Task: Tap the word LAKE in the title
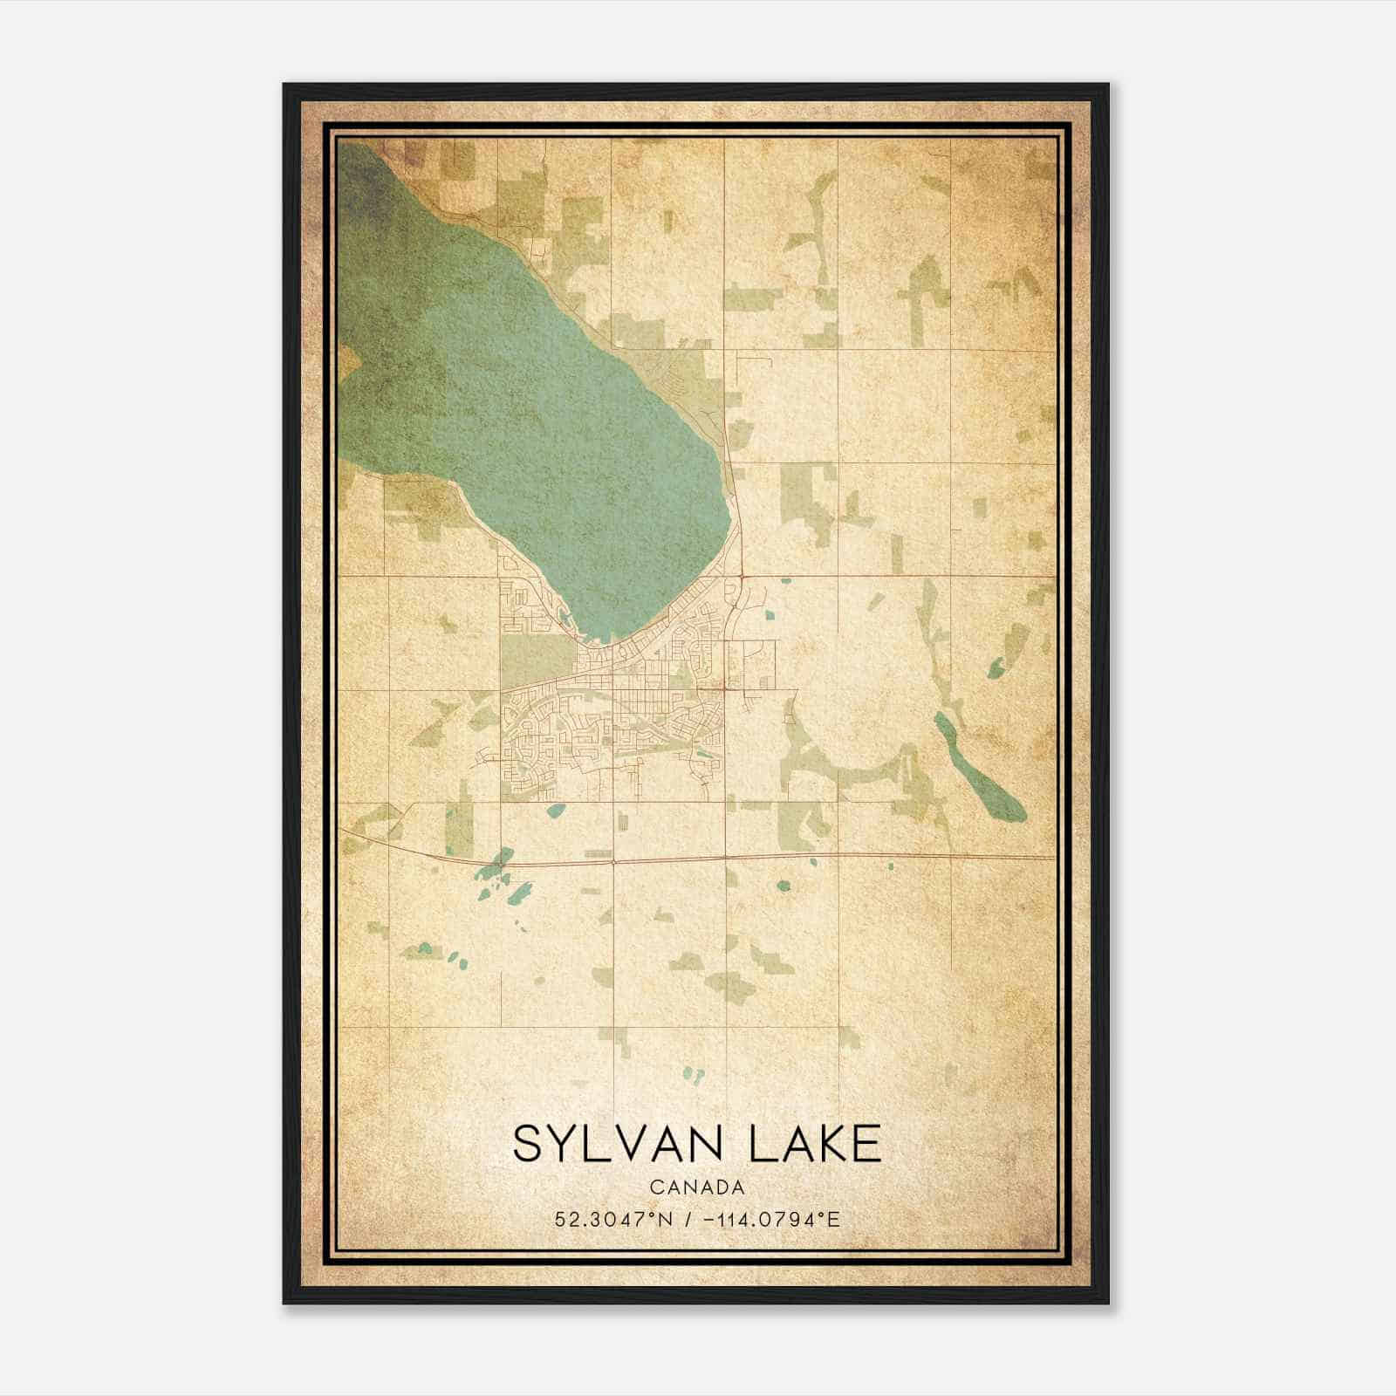812,1144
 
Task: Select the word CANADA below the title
697,1187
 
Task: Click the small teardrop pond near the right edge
996,668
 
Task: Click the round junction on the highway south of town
614,862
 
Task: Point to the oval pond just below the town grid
555,810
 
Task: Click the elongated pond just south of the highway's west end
523,893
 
